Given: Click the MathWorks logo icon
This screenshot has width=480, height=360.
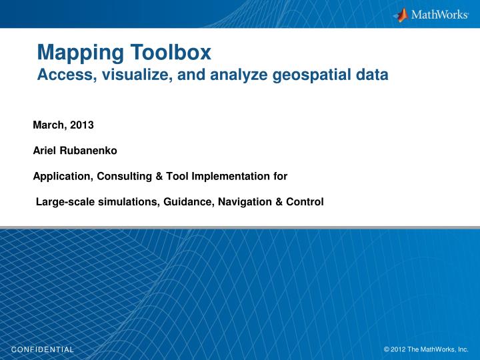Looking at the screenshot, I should (x=401, y=15).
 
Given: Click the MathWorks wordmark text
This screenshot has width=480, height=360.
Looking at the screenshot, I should (x=439, y=15).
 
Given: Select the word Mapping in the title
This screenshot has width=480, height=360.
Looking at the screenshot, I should (x=74, y=51).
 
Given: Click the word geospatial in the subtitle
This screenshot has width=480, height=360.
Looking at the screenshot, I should (x=313, y=75).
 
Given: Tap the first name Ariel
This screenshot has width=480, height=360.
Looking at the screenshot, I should (x=45, y=151).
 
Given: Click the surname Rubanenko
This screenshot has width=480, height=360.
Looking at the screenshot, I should (x=88, y=151).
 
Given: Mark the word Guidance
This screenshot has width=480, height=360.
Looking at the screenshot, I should (x=185, y=202).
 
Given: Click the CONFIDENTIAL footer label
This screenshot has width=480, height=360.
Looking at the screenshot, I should (x=43, y=349).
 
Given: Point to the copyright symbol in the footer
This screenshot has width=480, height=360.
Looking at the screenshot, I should (x=387, y=349).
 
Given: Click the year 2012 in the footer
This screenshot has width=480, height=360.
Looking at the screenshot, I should (x=398, y=349).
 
